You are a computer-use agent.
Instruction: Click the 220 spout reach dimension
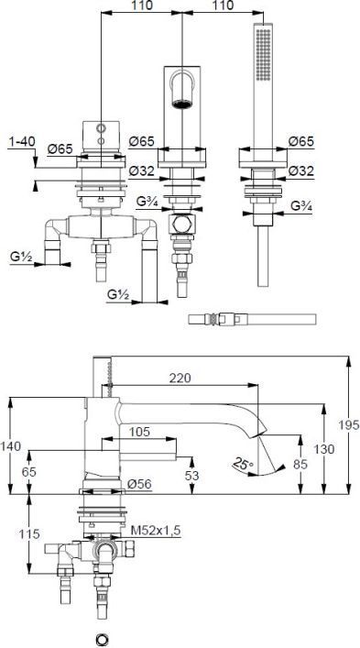(x=180, y=378)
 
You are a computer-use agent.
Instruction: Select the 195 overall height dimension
(x=348, y=424)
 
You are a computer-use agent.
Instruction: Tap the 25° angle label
(x=242, y=463)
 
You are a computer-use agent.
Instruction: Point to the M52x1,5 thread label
(x=156, y=530)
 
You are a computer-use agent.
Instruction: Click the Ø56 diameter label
(x=139, y=484)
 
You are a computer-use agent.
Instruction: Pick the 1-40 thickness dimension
(x=21, y=142)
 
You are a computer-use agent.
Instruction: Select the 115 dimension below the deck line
(x=28, y=534)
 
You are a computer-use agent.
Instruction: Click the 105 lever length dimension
(x=138, y=432)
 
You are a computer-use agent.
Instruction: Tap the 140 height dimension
(x=10, y=446)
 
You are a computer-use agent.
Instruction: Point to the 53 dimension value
(x=191, y=476)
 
